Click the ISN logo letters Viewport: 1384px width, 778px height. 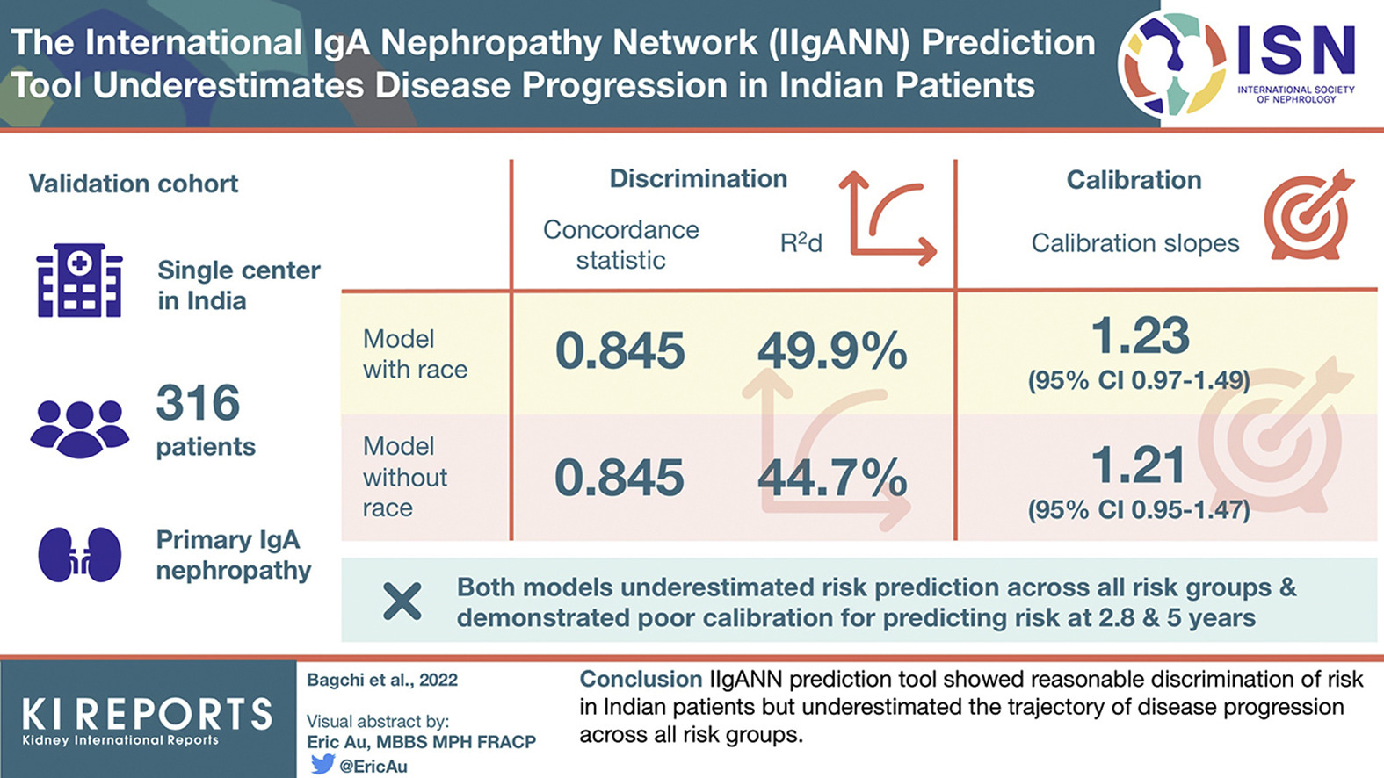pos(1296,51)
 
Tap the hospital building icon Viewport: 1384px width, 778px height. pos(79,281)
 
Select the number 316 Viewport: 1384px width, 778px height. pos(198,404)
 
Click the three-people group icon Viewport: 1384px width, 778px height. pos(79,428)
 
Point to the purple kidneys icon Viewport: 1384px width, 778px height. pos(79,554)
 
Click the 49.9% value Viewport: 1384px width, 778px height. pos(832,352)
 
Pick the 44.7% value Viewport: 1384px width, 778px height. pos(832,479)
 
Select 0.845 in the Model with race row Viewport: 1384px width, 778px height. pos(620,351)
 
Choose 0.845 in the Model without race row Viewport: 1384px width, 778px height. pos(620,479)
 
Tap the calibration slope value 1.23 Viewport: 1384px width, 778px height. pos(1140,336)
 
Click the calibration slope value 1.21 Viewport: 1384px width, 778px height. pos(1140,465)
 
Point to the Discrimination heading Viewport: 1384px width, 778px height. pos(699,179)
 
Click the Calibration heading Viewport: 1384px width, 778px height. pos(1134,180)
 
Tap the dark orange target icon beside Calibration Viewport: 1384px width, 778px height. pos(1308,215)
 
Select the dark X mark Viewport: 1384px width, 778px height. pos(402,602)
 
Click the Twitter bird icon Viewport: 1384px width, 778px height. pos(322,764)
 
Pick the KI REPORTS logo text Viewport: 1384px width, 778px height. pos(147,715)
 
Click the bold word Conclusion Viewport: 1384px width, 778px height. pos(641,680)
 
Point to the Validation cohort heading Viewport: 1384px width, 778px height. pos(134,184)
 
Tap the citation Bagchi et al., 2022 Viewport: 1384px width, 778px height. pos(382,681)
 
